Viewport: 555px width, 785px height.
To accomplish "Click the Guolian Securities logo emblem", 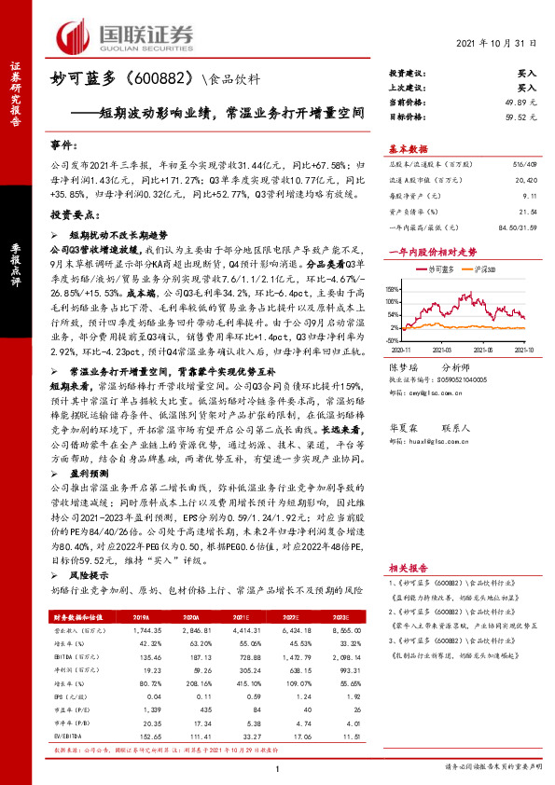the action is (76, 34).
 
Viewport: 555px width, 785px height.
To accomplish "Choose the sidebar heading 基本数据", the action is (409, 149).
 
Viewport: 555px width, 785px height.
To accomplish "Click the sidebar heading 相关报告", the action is (409, 567).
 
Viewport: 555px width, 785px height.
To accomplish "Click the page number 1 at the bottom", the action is (278, 770).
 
